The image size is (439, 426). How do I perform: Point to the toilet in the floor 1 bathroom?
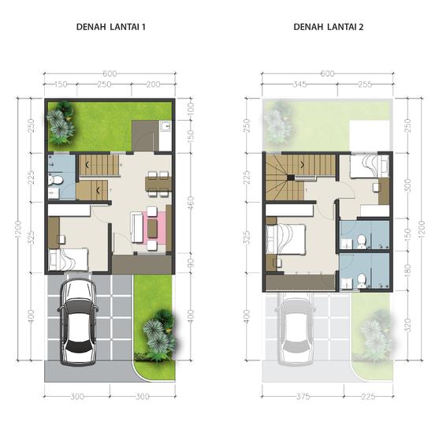point(53,184)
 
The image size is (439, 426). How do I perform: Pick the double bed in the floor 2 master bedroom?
point(287,236)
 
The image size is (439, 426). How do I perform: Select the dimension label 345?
point(299,83)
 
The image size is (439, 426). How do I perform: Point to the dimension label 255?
point(364,83)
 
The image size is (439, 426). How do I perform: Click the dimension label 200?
point(153,83)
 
